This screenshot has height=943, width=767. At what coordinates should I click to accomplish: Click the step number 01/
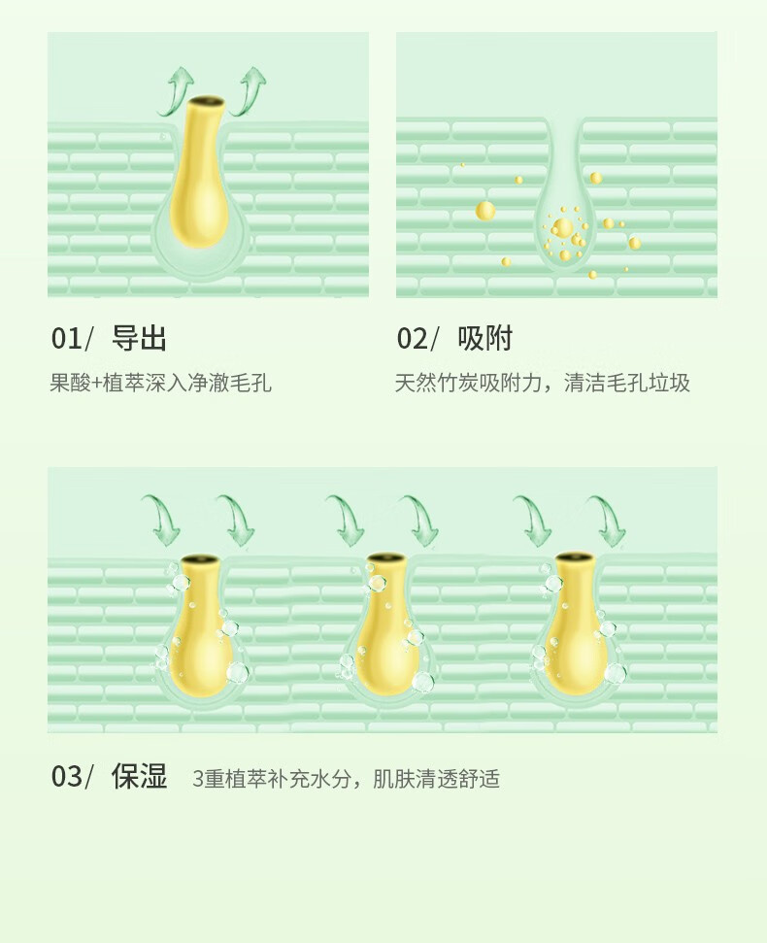tap(72, 339)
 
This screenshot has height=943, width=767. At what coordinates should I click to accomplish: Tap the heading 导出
tap(139, 338)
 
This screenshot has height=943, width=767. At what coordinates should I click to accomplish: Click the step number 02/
tap(417, 339)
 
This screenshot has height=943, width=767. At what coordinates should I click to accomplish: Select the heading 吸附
tap(484, 338)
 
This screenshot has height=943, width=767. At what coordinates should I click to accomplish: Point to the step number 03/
tap(72, 776)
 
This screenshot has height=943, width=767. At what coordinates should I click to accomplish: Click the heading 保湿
tap(139, 776)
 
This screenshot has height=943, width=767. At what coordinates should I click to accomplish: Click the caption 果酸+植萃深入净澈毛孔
tap(160, 383)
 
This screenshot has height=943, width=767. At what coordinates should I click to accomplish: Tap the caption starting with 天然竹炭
tap(542, 383)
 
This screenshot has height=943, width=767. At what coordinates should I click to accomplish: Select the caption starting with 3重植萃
tap(347, 779)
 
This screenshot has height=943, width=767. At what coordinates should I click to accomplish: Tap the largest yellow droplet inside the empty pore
tap(562, 227)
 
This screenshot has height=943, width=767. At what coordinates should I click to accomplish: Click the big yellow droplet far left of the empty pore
tap(485, 211)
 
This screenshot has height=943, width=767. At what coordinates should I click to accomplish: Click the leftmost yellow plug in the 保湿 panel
tap(200, 625)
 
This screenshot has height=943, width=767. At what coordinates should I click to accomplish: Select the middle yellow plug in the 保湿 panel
tap(385, 624)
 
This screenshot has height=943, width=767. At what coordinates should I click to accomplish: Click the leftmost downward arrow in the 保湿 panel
tap(162, 520)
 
